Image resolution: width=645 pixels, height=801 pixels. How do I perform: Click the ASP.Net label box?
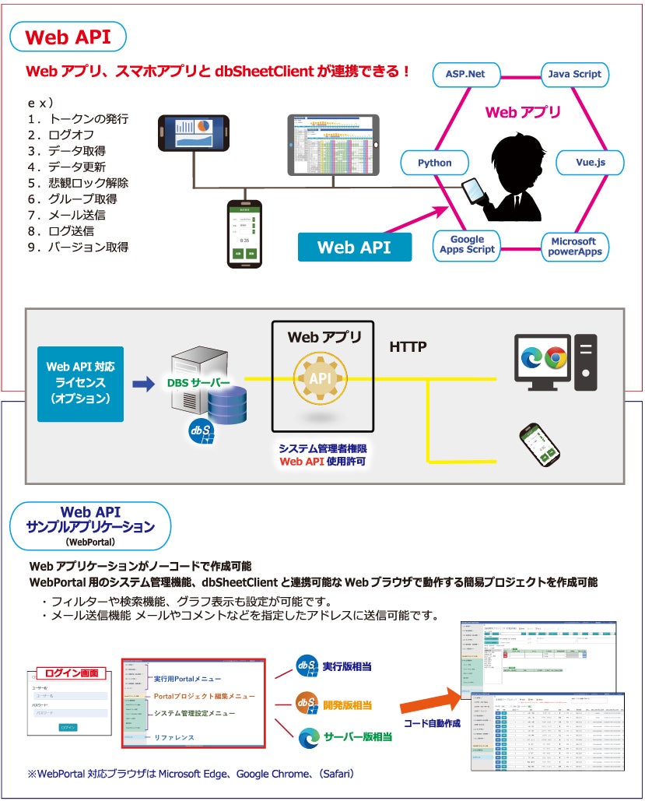(x=465, y=74)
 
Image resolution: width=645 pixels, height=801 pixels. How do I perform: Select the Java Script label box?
(x=575, y=74)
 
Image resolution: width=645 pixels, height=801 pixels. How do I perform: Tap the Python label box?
(x=435, y=163)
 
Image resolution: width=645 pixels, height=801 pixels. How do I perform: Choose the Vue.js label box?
(x=591, y=163)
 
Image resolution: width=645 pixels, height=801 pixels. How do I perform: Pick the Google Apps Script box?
(x=467, y=244)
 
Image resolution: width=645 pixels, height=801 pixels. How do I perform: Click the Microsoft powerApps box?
(x=574, y=247)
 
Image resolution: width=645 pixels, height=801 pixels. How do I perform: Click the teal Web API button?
(x=354, y=248)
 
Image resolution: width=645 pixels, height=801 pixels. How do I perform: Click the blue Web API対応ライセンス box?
(x=81, y=381)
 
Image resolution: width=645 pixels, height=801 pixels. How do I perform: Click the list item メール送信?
(x=77, y=215)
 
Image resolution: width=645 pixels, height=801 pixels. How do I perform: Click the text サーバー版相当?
(x=357, y=736)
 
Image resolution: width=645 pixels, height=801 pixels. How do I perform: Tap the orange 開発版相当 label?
(x=346, y=705)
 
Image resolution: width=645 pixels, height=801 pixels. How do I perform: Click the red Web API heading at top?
(x=67, y=37)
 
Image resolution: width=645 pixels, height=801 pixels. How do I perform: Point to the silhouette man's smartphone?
(x=472, y=191)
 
